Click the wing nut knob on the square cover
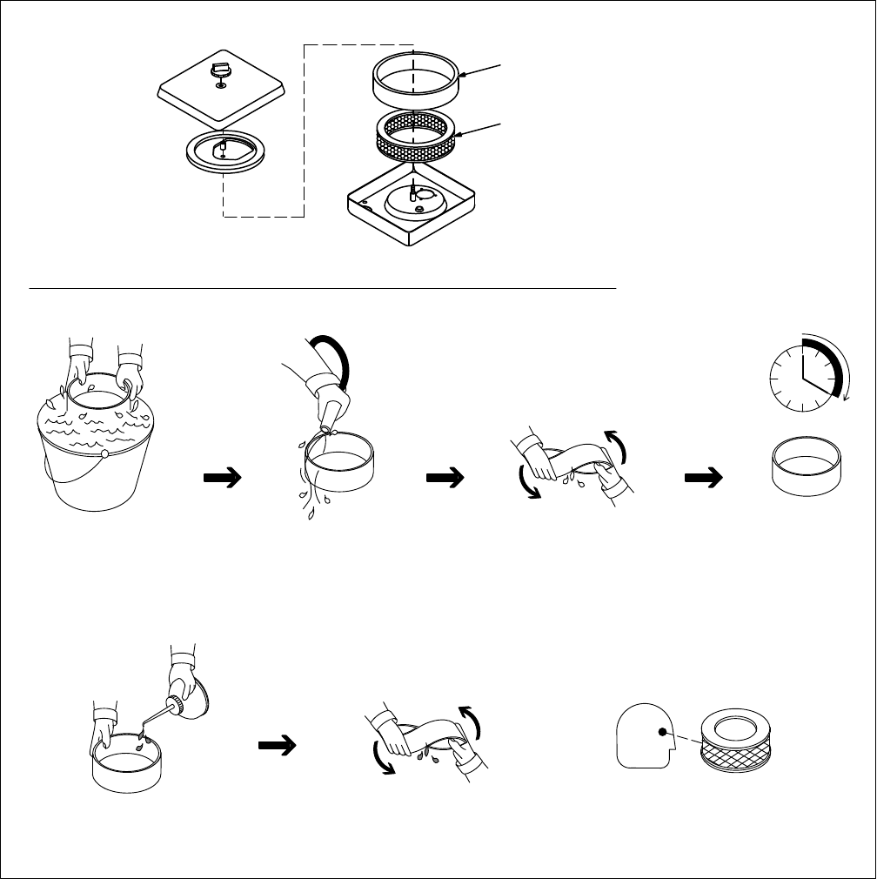pos(221,70)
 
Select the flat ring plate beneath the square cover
pos(224,153)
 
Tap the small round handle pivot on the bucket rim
pos(104,453)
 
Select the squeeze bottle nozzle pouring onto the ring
pos(331,416)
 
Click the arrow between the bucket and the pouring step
pos(221,477)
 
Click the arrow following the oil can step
pos(277,745)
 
